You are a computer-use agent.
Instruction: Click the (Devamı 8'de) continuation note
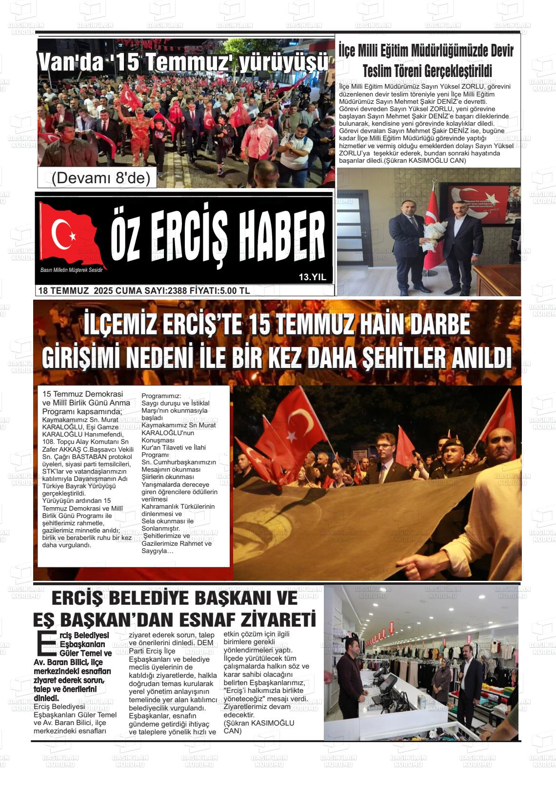[x=97, y=178]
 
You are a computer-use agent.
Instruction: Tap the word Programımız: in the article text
[x=161, y=396]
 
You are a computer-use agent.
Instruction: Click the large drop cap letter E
[x=46, y=644]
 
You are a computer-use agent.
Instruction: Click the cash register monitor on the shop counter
[x=386, y=684]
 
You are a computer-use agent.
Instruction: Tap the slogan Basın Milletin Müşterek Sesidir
[x=75, y=270]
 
